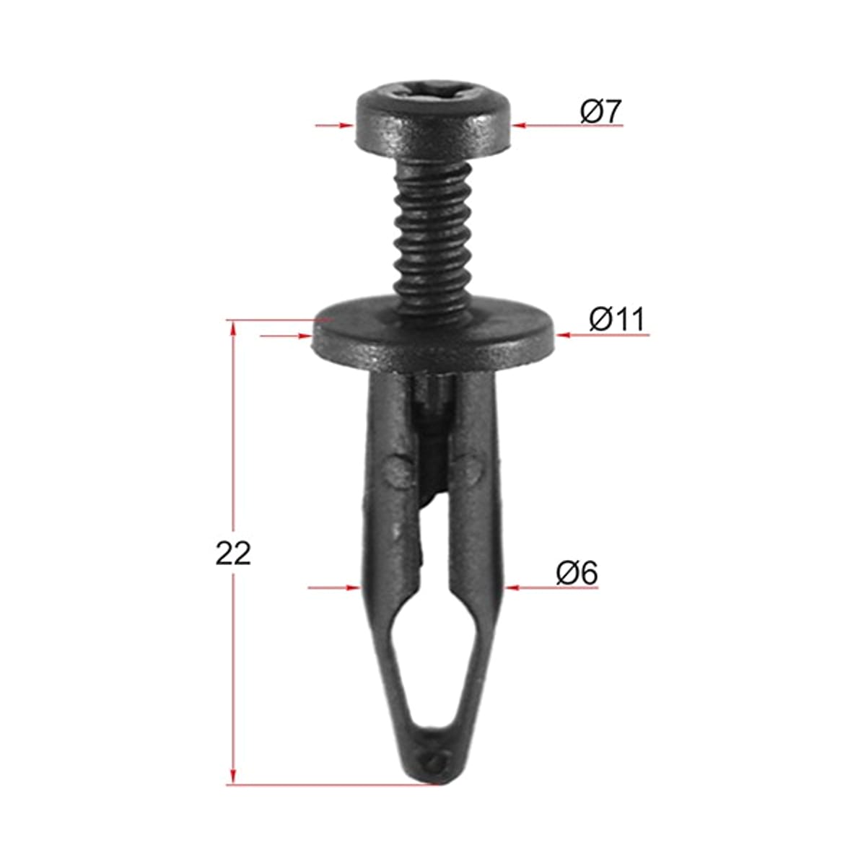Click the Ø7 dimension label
coord(600,112)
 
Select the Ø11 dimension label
coord(617,320)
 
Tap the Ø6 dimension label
coord(577,573)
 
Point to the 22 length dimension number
coord(233,554)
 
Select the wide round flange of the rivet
coord(434,335)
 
